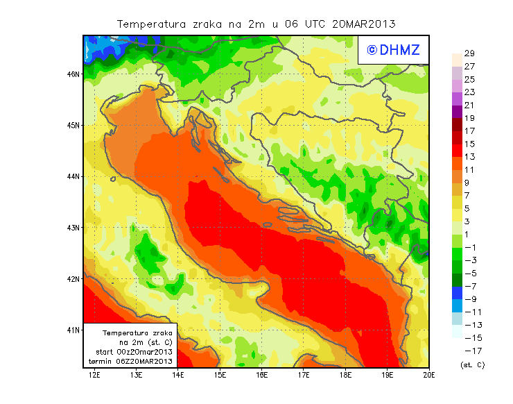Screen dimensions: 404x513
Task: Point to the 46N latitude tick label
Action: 73,74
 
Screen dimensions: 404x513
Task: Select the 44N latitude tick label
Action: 73,176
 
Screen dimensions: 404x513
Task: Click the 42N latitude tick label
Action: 73,278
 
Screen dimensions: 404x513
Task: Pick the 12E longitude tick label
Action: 94,376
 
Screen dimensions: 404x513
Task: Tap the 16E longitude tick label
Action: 262,376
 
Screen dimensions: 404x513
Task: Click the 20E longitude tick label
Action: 428,376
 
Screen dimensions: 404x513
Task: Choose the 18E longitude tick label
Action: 346,376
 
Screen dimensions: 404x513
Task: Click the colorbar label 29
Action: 469,53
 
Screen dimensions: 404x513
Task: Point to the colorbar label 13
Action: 469,157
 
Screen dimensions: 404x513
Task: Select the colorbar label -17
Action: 469,351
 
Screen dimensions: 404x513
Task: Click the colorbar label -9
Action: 469,299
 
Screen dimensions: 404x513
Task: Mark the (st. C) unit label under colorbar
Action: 472,364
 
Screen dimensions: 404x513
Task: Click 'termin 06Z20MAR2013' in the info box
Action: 134,362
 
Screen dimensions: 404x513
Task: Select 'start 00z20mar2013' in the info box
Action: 134,353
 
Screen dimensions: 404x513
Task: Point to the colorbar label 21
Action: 469,105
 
